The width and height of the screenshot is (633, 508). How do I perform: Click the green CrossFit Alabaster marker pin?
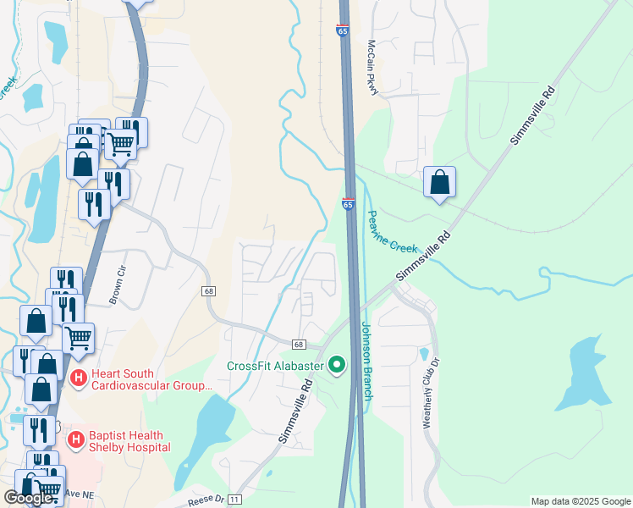coord(338,365)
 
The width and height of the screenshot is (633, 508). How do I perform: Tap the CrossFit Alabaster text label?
coord(275,366)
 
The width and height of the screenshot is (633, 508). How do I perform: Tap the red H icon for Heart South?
coord(79,378)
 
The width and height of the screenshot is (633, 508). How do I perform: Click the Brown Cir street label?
coord(116,286)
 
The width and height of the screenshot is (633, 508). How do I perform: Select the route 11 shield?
coord(234,500)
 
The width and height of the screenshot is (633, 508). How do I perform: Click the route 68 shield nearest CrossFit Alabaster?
coord(299,345)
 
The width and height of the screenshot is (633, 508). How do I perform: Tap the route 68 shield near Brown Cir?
coord(208,290)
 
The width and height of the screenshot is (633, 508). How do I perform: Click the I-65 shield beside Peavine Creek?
coord(348,204)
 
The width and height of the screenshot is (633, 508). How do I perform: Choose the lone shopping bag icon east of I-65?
coord(439,182)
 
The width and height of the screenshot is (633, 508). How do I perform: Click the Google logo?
coord(28,498)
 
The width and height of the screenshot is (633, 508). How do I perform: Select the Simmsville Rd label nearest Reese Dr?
coord(295,411)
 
